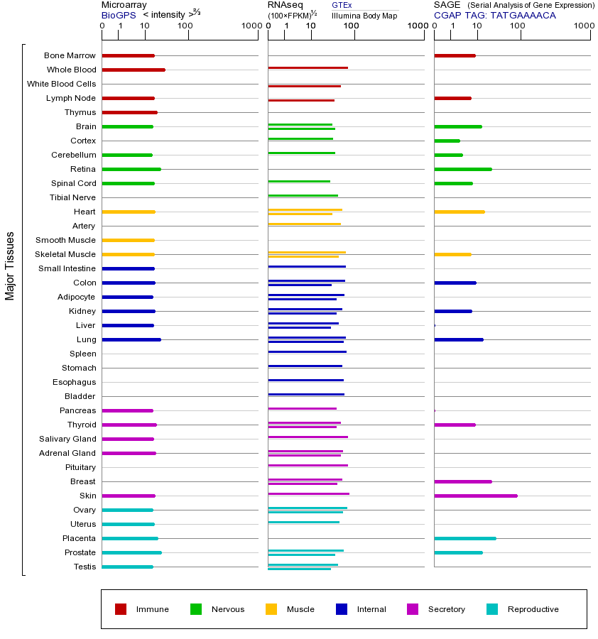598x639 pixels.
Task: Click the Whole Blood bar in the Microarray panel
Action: coord(134,70)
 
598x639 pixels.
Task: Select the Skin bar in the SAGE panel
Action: coord(475,496)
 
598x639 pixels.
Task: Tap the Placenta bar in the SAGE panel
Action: coord(464,538)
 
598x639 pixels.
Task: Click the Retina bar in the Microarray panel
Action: coord(131,169)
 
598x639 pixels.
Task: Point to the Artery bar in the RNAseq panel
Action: coord(304,224)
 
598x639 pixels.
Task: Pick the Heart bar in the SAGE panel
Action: coord(459,212)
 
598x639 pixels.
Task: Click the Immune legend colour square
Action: coord(121,609)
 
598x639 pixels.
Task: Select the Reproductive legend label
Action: coord(533,609)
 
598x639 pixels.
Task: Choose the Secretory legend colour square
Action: coord(413,609)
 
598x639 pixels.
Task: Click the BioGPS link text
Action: coord(118,15)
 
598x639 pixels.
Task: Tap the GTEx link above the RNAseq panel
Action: coord(342,5)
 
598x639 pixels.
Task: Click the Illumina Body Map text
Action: coord(364,16)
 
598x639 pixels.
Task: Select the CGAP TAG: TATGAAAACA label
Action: coord(494,15)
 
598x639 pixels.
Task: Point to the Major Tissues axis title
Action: coord(10,266)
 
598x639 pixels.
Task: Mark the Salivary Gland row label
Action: coord(67,439)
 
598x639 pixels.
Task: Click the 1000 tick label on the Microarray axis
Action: coord(250,26)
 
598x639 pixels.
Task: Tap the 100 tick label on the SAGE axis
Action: coord(518,26)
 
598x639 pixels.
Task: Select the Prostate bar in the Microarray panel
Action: coord(131,552)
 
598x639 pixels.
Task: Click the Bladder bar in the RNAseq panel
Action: coord(306,394)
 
